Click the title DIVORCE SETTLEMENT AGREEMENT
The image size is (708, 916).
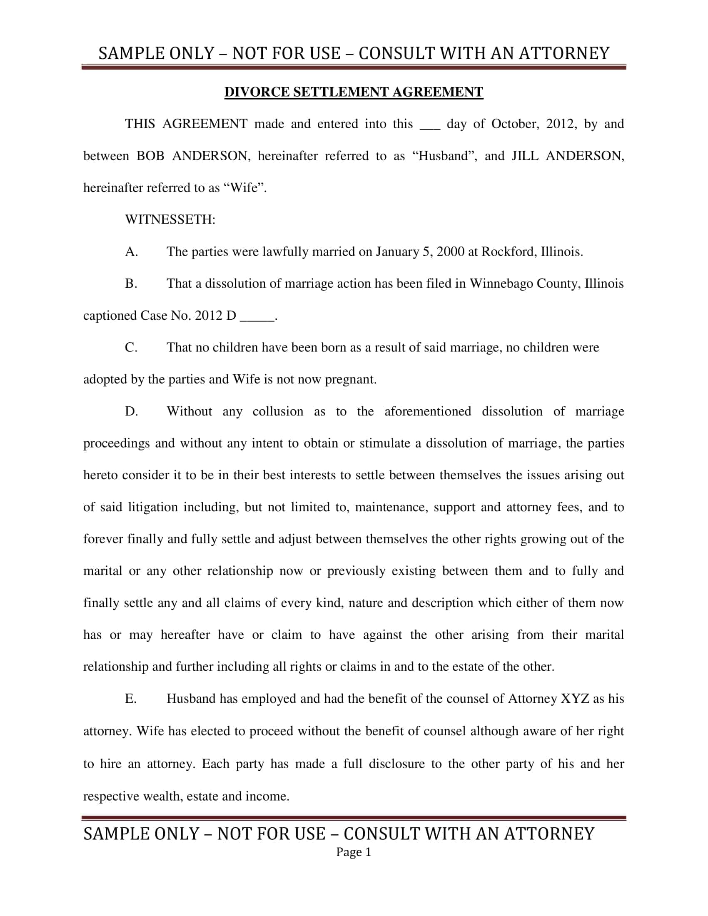click(354, 92)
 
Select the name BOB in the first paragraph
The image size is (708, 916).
click(150, 156)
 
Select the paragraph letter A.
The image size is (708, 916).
click(131, 251)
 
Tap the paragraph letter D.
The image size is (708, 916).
click(131, 411)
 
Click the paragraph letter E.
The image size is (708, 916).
click(130, 699)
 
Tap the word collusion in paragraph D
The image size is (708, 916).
click(278, 411)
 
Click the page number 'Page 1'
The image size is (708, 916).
click(354, 852)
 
